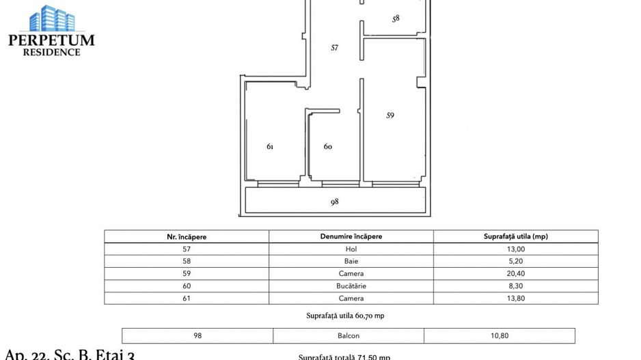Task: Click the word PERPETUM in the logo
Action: click(51, 40)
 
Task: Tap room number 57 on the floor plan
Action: click(334, 48)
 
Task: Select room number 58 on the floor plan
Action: click(396, 19)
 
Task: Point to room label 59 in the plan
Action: click(390, 115)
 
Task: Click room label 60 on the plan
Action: click(327, 146)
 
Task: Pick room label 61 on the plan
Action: click(270, 146)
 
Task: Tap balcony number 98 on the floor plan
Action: click(334, 202)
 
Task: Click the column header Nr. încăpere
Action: click(187, 236)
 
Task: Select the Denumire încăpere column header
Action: click(351, 236)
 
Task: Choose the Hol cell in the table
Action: click(351, 249)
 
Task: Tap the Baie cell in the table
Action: click(351, 261)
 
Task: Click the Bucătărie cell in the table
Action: click(351, 286)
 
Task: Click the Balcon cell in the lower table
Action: click(348, 335)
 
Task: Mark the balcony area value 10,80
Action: click(500, 335)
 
